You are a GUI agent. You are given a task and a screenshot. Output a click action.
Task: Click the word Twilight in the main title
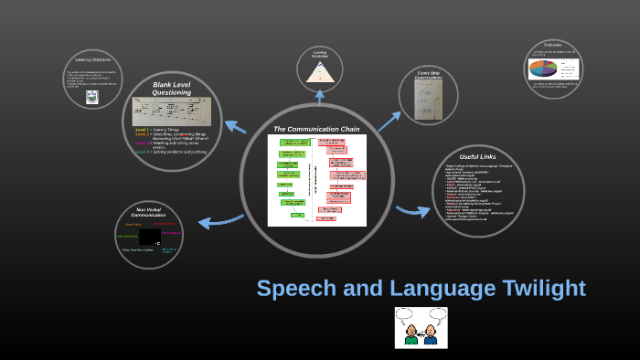tap(535, 288)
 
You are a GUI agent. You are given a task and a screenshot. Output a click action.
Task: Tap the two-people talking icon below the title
tap(421, 327)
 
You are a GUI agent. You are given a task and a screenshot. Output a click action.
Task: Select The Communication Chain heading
tap(317, 129)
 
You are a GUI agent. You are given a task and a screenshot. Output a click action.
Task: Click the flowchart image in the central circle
tap(316, 180)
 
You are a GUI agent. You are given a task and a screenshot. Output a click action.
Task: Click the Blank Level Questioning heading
tap(172, 89)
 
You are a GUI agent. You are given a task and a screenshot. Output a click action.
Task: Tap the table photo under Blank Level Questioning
tap(172, 111)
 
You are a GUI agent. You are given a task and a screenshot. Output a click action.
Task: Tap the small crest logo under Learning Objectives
tap(91, 96)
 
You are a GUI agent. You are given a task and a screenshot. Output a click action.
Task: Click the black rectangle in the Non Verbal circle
tap(150, 237)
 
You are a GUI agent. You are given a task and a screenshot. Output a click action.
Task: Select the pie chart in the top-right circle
tap(539, 69)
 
